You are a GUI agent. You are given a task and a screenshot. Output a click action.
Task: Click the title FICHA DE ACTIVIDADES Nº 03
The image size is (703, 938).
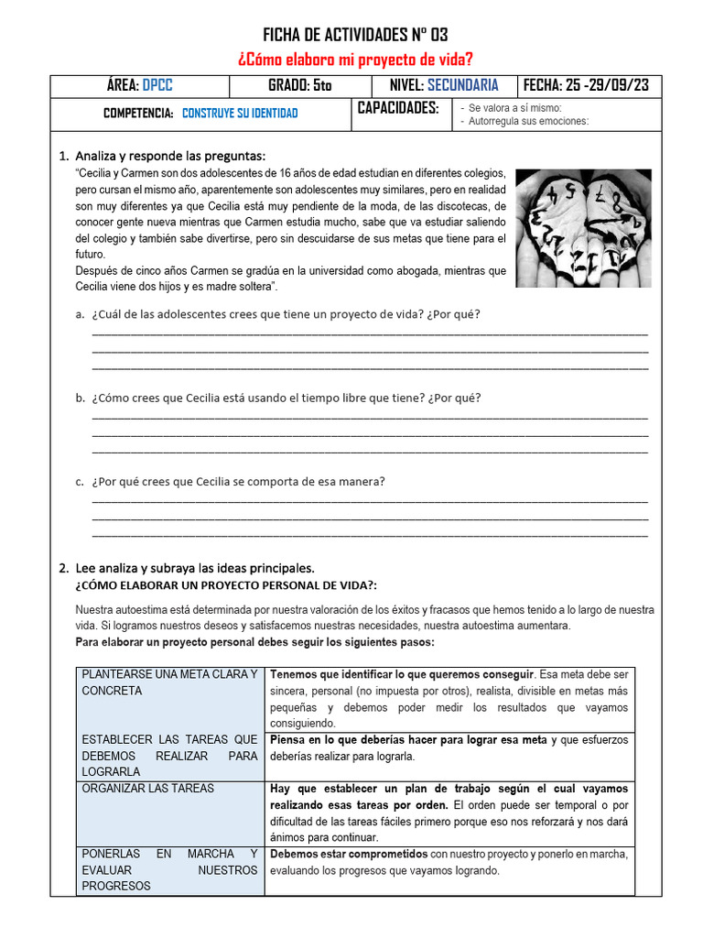(355, 36)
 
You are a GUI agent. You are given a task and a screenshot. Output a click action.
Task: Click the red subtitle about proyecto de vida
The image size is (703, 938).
(355, 60)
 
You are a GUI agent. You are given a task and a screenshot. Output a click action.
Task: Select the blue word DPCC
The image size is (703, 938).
(157, 85)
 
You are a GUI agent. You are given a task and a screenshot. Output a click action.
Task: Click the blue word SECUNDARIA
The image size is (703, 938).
(463, 85)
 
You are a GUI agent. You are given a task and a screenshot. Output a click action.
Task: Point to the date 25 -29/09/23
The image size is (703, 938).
(608, 85)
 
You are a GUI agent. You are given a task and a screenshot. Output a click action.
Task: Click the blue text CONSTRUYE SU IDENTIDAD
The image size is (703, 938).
(240, 114)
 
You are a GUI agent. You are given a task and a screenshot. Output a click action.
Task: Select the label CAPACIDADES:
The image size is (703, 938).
(398, 109)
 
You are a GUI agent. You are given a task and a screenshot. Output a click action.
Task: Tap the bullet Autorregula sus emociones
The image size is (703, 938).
(528, 121)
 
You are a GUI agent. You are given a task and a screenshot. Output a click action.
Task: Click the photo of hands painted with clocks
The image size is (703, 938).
(583, 228)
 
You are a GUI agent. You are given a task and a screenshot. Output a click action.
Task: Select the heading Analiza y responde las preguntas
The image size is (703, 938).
(170, 155)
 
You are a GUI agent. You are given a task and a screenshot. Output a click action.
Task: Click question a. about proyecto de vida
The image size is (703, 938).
(286, 314)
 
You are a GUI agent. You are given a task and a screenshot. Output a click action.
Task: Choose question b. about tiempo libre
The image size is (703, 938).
(286, 398)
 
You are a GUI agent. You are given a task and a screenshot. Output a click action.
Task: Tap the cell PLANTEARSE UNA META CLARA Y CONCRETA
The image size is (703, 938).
(169, 682)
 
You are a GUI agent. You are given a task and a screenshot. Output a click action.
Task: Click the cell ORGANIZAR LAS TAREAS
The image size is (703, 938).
(148, 788)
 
